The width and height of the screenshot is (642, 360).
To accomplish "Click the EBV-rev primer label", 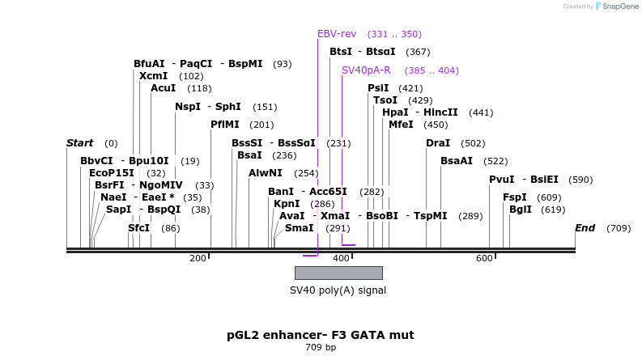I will (337, 34).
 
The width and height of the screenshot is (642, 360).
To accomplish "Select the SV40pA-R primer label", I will (366, 70).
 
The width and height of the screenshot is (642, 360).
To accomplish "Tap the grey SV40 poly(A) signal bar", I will (338, 273).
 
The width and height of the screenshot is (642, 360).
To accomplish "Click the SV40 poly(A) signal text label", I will (338, 290).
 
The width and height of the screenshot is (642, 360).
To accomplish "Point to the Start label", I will (79, 143).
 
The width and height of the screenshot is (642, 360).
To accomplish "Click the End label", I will (585, 228).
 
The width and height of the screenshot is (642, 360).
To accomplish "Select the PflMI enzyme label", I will (225, 125).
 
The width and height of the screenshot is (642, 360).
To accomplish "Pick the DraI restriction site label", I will (438, 143).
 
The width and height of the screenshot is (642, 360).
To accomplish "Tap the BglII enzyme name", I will (521, 210).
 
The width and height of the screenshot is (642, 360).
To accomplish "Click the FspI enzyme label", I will (515, 197).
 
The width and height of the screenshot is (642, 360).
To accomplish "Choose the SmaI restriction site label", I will (300, 228).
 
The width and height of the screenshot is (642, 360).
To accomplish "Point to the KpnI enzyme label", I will (287, 204).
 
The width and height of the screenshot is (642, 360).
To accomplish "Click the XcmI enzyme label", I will (154, 76).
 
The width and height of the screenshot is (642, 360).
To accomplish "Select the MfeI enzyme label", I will (401, 125).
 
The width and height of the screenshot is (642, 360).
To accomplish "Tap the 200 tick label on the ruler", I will (198, 258).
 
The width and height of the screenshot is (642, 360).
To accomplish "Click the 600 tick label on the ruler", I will (484, 258).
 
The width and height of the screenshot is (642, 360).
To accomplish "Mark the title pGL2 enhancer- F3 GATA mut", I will (321, 334).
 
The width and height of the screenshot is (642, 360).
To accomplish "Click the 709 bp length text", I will (321, 348).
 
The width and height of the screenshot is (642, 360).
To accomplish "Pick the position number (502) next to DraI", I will (473, 143).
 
